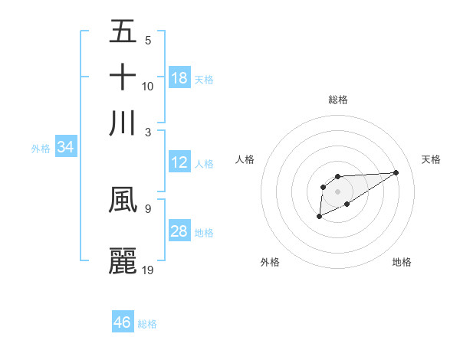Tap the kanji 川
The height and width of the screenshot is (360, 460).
tap(123, 123)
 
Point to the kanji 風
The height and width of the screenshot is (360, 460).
tap(123, 199)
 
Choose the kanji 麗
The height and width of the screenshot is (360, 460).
tap(123, 260)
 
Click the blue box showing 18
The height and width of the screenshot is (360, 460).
tap(179, 78)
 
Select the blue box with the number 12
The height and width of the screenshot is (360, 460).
tap(179, 162)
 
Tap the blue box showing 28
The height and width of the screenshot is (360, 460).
tap(179, 231)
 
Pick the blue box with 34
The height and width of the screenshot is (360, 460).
tap(65, 147)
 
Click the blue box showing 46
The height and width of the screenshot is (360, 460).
tap(123, 322)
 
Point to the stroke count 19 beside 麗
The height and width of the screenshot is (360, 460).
tap(148, 270)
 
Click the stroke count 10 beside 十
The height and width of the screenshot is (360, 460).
tap(148, 86)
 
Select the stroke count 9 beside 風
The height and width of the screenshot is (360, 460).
tap(147, 208)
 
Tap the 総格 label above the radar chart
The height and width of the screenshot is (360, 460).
tap(337, 100)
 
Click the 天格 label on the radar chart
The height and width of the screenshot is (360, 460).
tap(431, 159)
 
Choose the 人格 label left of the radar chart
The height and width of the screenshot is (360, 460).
tap(245, 159)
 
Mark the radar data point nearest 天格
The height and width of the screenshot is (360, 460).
tap(396, 172)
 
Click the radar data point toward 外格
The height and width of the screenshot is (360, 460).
tap(319, 218)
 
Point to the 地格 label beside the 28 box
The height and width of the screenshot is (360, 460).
tap(204, 232)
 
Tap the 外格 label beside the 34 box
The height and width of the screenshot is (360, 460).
tap(41, 149)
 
